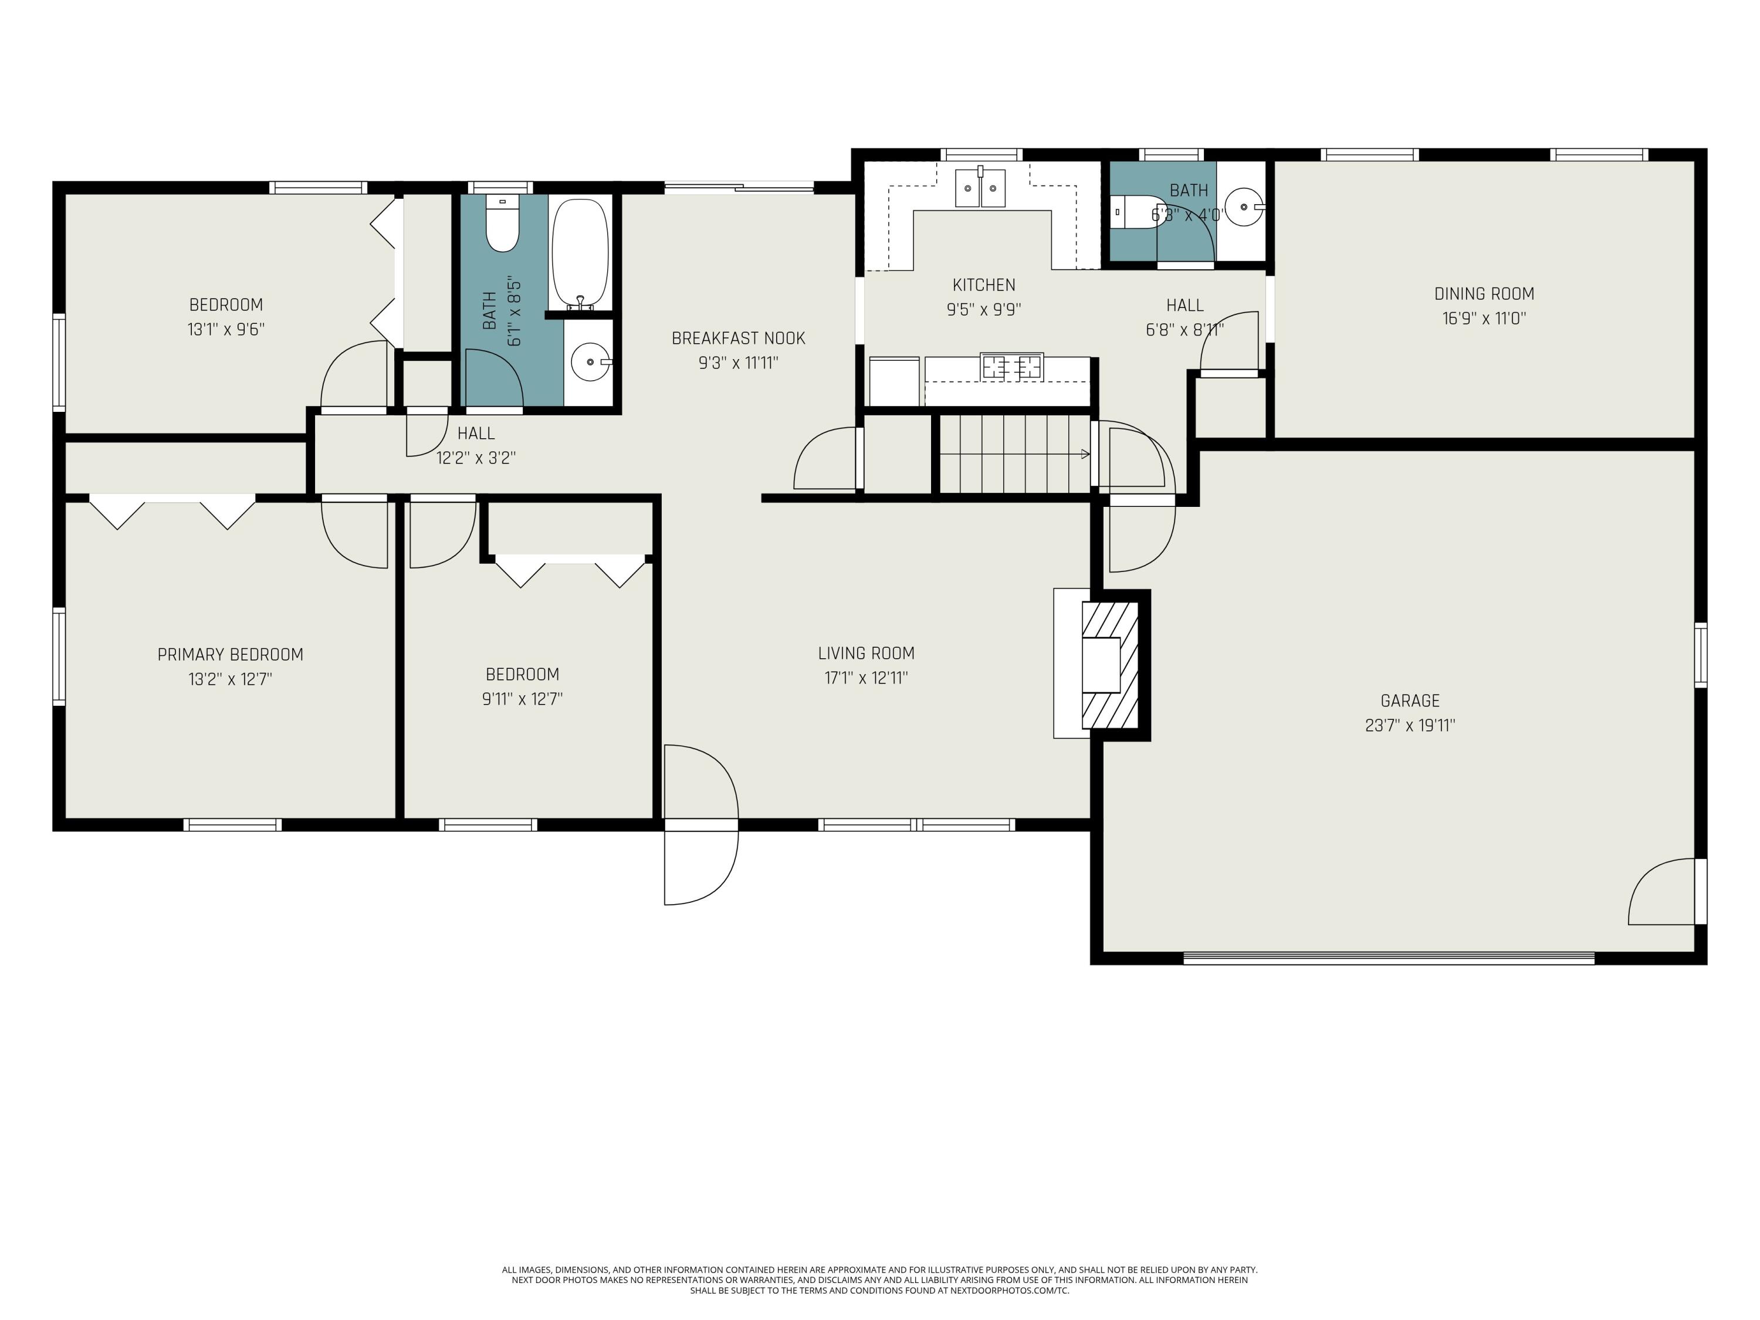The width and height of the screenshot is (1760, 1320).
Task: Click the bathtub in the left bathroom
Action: click(580, 253)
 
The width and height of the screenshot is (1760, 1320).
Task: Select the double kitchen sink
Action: click(980, 188)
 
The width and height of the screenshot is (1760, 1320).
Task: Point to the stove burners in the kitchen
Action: click(1011, 367)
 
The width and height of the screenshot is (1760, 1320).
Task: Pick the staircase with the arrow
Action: click(1014, 454)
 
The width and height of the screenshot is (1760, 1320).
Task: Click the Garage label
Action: click(1410, 701)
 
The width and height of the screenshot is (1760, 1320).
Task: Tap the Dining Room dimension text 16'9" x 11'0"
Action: click(1484, 318)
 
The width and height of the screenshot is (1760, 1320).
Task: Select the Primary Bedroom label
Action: click(230, 655)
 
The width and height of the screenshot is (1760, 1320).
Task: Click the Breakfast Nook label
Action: click(739, 338)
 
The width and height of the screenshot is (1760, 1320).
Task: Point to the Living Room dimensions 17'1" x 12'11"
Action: click(867, 678)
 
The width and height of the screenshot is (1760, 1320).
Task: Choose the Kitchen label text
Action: click(984, 285)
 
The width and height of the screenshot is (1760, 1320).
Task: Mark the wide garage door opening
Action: click(1389, 959)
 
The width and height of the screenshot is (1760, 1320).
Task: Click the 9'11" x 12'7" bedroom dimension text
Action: click(523, 699)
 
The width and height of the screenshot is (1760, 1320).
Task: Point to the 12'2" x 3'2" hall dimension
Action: click(476, 458)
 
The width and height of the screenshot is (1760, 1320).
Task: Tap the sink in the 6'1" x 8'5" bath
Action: click(590, 362)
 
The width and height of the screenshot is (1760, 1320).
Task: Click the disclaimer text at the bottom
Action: click(879, 1280)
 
